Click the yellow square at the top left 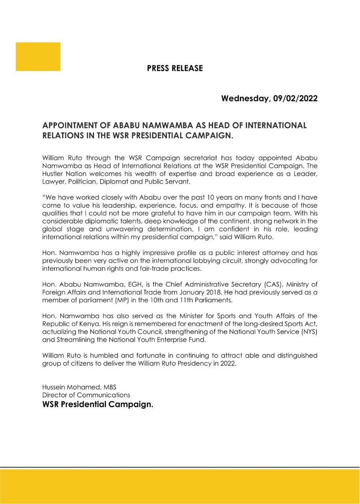[x=38, y=57]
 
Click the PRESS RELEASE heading [x=175, y=69]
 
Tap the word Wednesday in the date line [x=244, y=98]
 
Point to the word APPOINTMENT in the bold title [x=70, y=126]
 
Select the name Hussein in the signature [x=54, y=387]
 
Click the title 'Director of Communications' [x=86, y=395]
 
